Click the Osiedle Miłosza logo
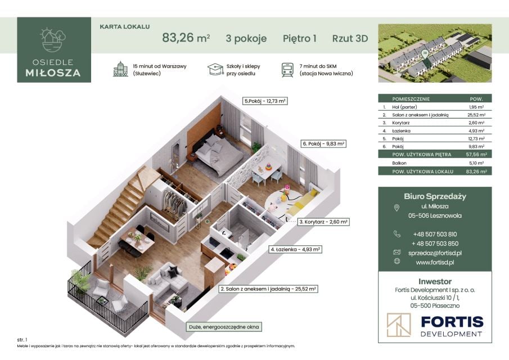coord(54,49)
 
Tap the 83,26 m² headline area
coord(186,38)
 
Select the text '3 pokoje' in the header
coord(246,38)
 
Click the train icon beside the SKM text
coord(287,70)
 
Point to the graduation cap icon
coord(215,69)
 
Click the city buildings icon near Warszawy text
coord(120,69)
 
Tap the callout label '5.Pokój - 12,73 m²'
coord(265,101)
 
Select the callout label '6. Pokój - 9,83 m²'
coord(323,143)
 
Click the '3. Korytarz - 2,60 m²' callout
coord(323,222)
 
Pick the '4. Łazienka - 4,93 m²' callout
coord(295,249)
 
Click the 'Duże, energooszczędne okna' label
coord(224,327)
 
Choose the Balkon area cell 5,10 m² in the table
coord(476,163)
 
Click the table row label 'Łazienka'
coord(401,131)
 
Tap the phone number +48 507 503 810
coord(435,234)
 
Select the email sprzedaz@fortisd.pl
coord(435,253)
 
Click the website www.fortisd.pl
coord(435,262)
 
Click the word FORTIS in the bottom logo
coord(452,322)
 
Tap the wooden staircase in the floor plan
coord(117,208)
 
